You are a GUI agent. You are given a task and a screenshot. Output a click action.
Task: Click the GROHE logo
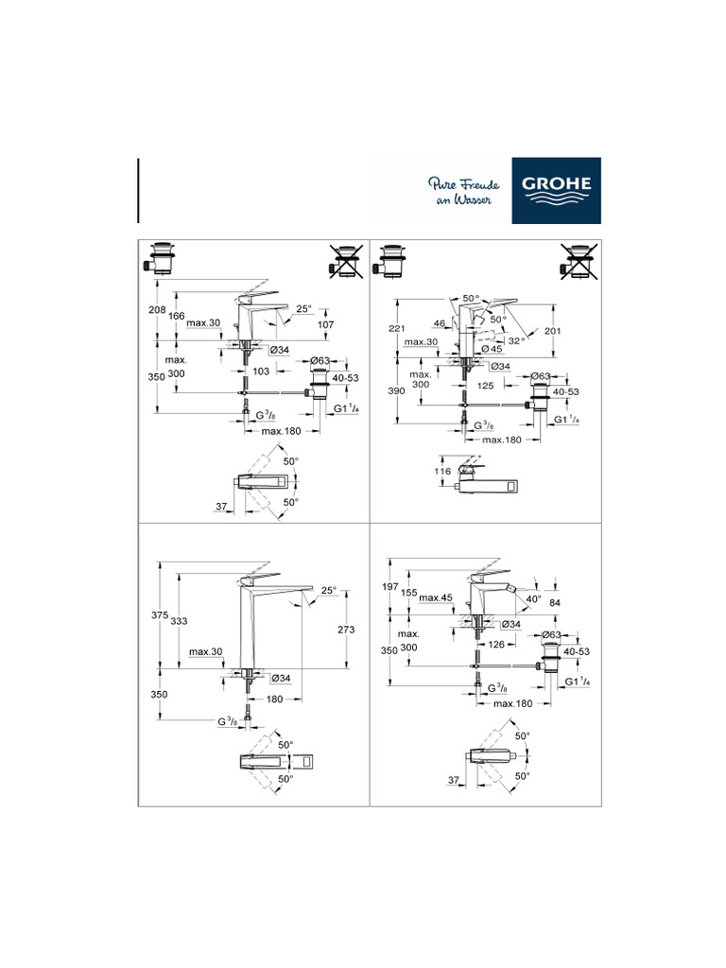pyautogui.click(x=556, y=190)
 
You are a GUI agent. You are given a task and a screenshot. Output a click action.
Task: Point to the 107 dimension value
pyautogui.click(x=324, y=325)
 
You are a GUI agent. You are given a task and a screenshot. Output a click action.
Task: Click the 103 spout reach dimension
pyautogui.click(x=262, y=371)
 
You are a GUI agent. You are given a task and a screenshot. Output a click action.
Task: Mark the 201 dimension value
pyautogui.click(x=554, y=331)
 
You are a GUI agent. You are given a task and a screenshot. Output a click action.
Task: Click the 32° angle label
pyautogui.click(x=515, y=341)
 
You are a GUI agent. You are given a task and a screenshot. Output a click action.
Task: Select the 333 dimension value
pyautogui.click(x=179, y=620)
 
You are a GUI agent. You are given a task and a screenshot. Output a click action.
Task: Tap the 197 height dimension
pyautogui.click(x=389, y=587)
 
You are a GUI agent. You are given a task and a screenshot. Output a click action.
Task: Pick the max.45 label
pyautogui.click(x=436, y=597)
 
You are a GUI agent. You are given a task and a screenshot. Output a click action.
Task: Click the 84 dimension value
pyautogui.click(x=556, y=604)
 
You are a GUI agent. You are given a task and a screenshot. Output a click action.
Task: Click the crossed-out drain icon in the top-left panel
pyautogui.click(x=347, y=262)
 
